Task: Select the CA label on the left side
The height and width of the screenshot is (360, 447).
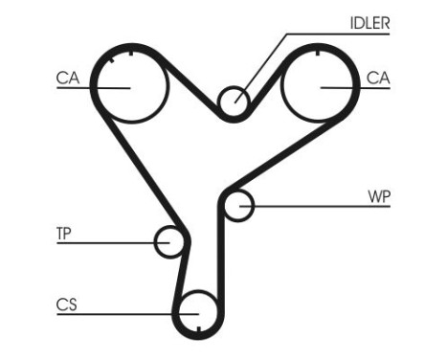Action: tap(67, 79)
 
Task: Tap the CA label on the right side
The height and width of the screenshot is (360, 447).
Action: tap(378, 79)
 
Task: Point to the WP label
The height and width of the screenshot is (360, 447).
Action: tap(379, 197)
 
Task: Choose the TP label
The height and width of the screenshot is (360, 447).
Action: tap(64, 233)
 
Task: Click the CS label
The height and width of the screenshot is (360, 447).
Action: tap(66, 305)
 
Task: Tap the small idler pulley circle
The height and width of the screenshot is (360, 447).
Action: tap(231, 101)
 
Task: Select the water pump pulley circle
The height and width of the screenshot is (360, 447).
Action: tap(238, 205)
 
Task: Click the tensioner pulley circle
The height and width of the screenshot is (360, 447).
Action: tap(169, 241)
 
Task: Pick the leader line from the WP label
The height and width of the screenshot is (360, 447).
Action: tap(306, 205)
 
